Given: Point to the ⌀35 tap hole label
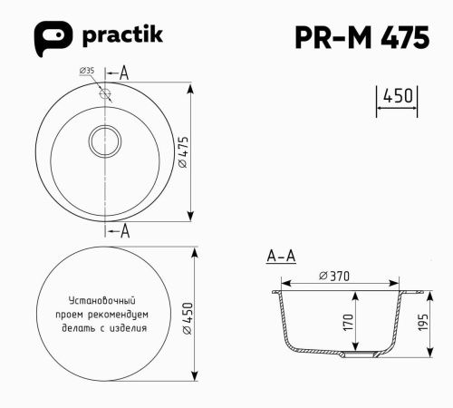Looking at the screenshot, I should [88, 71].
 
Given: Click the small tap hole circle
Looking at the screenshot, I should [105, 92].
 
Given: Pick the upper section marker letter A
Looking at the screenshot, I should [124, 73].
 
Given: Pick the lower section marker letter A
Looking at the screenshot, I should [124, 231].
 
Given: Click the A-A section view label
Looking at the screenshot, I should [281, 257].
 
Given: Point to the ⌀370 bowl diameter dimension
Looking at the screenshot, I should [334, 276].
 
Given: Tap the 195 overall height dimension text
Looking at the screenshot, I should [423, 324].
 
